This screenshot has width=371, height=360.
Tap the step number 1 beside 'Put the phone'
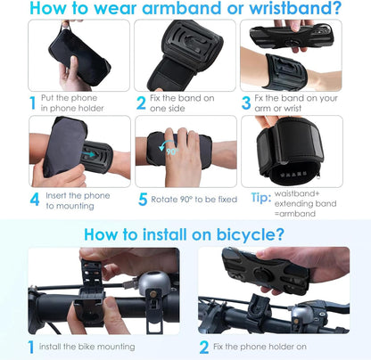(x=33, y=103)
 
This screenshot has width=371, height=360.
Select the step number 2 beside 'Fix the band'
(x=141, y=103)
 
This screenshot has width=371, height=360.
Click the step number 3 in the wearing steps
(x=245, y=103)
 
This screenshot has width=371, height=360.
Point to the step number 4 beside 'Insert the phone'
(x=34, y=200)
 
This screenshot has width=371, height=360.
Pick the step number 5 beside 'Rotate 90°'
(x=142, y=200)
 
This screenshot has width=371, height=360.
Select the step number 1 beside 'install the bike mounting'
(x=32, y=347)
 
